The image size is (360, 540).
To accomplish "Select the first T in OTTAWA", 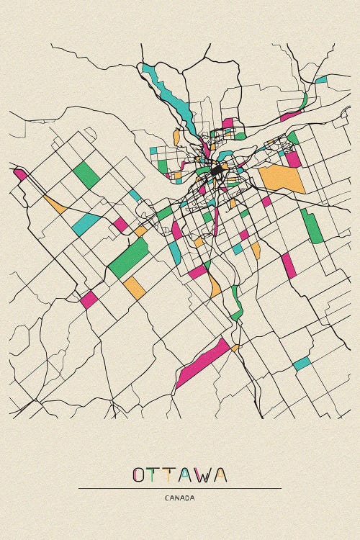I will tap(156, 475).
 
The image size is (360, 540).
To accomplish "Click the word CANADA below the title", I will tap(179, 498).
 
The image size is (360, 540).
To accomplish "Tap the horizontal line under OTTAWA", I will tap(179, 489).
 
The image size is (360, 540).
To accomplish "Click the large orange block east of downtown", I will tap(282, 179).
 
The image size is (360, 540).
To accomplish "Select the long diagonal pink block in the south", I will tap(202, 362).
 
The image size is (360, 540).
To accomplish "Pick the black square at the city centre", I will tap(217, 171).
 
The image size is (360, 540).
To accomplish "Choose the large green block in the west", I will tap(129, 258).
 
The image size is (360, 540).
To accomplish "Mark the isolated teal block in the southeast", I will tap(302, 364).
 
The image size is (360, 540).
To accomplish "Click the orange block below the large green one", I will tap(135, 288).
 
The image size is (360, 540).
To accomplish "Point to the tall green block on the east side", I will tap(312, 226).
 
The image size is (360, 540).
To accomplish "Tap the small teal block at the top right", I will tap(321, 79).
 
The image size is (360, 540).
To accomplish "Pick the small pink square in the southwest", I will tap(89, 300).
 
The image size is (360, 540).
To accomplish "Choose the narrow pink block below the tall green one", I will tap(289, 265).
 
